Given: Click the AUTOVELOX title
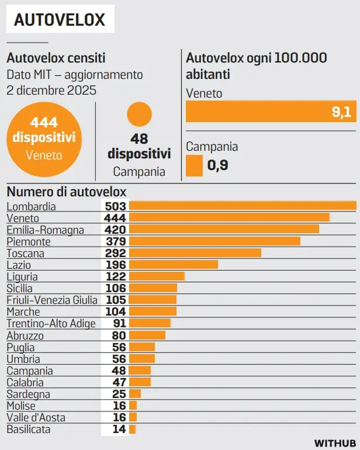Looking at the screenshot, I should [x=60, y=19].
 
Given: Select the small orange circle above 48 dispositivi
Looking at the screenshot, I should [x=139, y=114].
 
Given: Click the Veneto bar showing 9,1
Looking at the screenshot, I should [x=271, y=112].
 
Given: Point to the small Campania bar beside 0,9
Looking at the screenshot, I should [x=194, y=165].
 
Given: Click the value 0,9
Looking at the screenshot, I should [x=217, y=165].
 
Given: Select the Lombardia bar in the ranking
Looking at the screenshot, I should [x=243, y=206].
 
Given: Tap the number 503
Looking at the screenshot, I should [x=115, y=206].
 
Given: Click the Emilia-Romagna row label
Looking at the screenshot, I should [x=45, y=230].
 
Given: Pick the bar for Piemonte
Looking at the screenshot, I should [x=214, y=241].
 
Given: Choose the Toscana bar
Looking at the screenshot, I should [x=195, y=253].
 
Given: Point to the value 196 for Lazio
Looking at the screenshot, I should [x=116, y=265].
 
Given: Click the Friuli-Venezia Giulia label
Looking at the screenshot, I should [x=52, y=300].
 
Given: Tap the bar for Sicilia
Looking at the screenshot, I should [x=153, y=288].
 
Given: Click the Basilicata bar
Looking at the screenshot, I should [x=133, y=430].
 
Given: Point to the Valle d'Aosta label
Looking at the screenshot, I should [x=36, y=418].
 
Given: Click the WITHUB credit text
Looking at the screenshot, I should [x=335, y=443].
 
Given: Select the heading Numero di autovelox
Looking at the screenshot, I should [x=66, y=192].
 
